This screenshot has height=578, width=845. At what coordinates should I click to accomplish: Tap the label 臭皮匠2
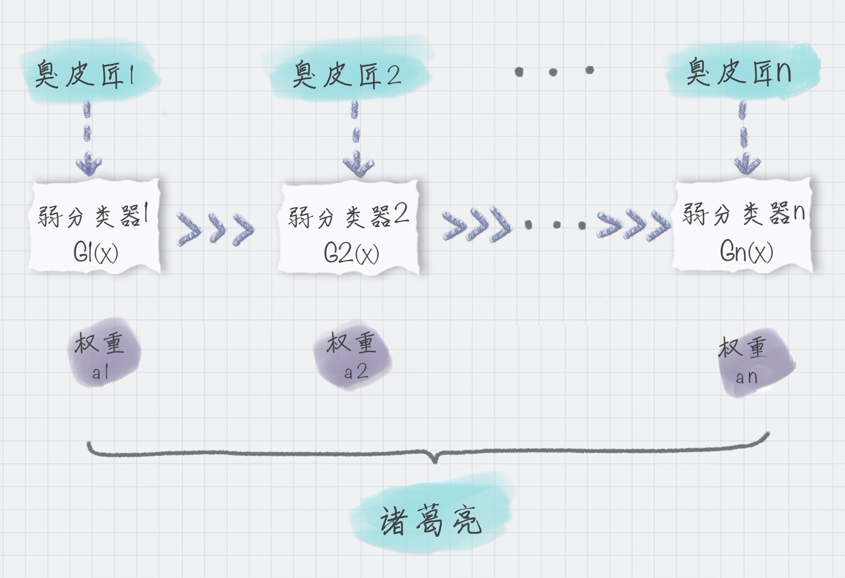pyautogui.click(x=347, y=75)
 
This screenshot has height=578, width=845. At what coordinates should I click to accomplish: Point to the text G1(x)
pyautogui.click(x=96, y=253)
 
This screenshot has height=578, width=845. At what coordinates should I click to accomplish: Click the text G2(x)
pyautogui.click(x=351, y=253)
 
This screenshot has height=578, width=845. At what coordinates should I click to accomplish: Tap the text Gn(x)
pyautogui.click(x=746, y=252)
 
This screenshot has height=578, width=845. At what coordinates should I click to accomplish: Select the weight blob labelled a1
pyautogui.click(x=103, y=353)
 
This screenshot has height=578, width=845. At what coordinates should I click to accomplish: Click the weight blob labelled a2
pyautogui.click(x=352, y=355)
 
